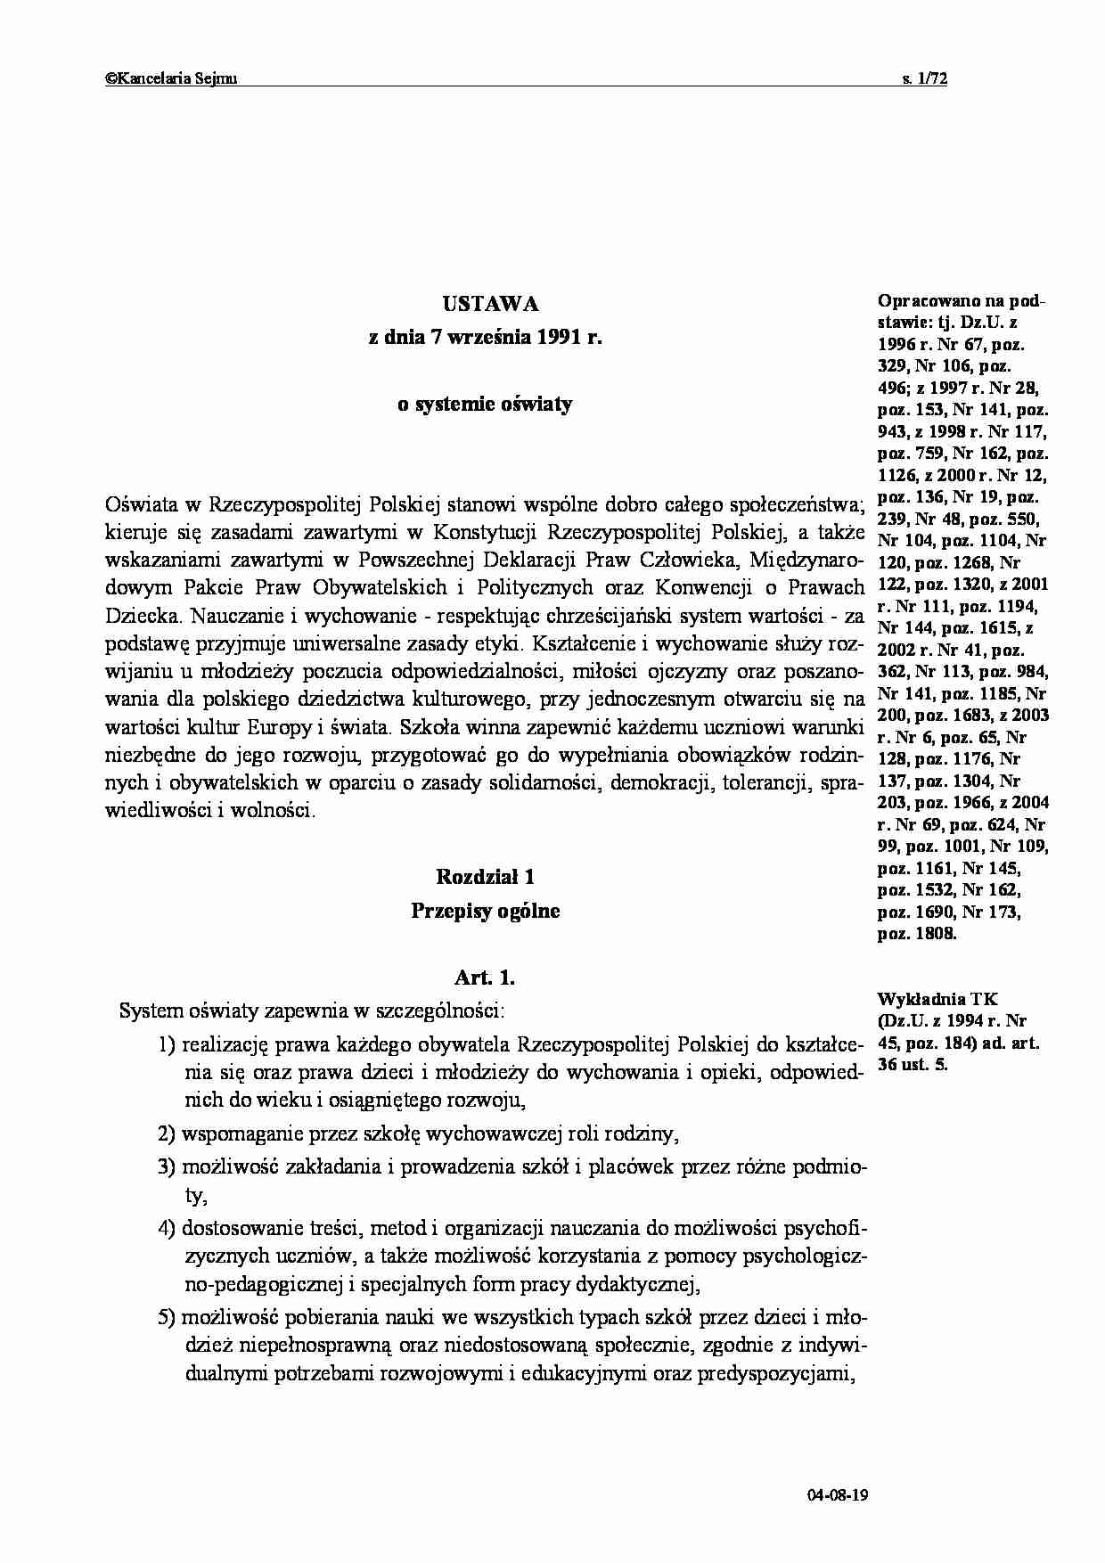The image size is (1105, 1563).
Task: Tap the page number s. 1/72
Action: [925, 79]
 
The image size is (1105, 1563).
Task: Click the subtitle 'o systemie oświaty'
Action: [485, 405]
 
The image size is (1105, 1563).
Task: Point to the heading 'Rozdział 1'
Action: [485, 878]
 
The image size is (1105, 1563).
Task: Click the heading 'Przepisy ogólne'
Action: [485, 912]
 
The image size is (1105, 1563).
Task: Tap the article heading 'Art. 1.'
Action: [485, 978]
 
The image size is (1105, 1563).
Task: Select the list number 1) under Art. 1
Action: [168, 1045]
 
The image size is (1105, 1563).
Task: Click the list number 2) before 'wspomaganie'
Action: [168, 1134]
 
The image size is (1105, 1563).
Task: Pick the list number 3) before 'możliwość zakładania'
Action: [168, 1168]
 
